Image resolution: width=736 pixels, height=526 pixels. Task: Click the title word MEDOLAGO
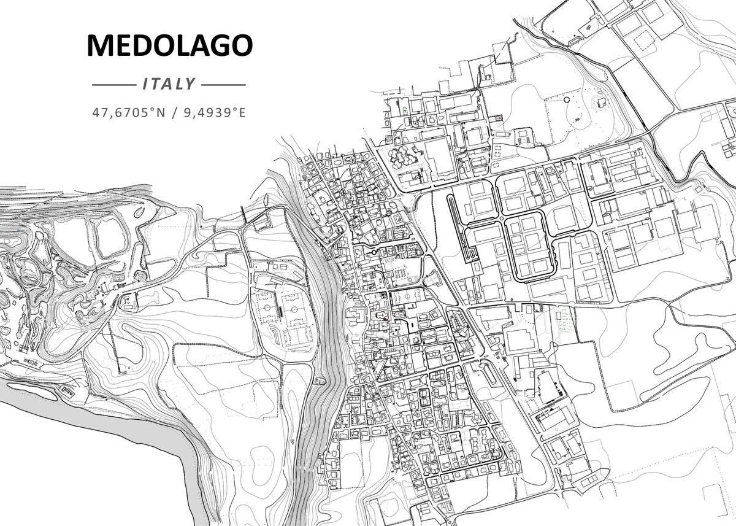click(169, 46)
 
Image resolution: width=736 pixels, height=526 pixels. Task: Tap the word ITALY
click(169, 84)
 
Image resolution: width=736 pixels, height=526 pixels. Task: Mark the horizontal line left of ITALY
click(113, 85)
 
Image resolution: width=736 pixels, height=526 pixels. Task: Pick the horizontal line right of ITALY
click(223, 85)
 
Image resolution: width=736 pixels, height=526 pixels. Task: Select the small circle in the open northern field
click(565, 98)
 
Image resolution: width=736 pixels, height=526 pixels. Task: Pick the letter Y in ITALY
click(190, 84)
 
